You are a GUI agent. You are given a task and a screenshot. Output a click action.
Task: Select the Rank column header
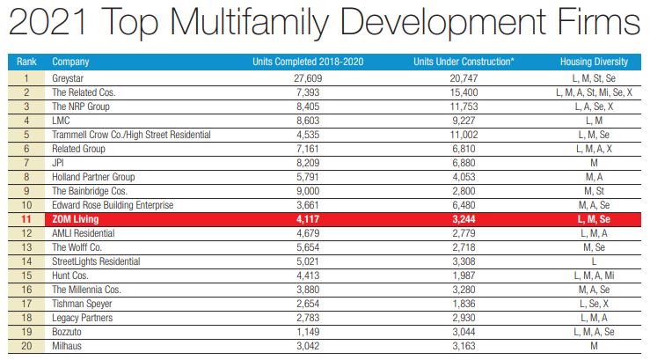27,62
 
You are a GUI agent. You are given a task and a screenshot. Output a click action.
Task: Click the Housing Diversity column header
594,62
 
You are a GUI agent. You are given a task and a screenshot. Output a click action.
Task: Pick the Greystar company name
70,78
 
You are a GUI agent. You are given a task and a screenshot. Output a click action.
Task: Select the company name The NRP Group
80,106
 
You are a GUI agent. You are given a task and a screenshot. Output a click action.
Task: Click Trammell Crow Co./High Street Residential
131,134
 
